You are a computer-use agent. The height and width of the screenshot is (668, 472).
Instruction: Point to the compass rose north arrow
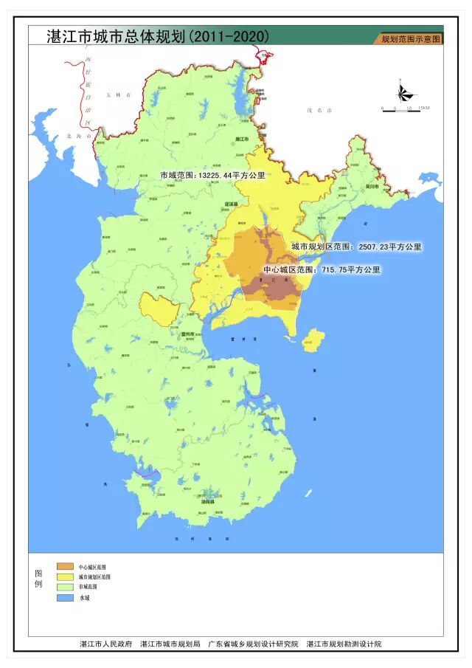pos(403,92)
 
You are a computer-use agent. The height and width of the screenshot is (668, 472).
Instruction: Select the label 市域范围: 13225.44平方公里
pos(212,176)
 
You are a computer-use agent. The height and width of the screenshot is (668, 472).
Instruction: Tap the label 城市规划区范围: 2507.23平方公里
pos(356,247)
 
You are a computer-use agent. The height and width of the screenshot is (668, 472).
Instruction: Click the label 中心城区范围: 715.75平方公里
pos(322,270)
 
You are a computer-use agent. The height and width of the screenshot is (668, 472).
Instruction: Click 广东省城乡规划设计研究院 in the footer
pos(253,644)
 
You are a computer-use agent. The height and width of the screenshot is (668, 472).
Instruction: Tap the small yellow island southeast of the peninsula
pos(313,340)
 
